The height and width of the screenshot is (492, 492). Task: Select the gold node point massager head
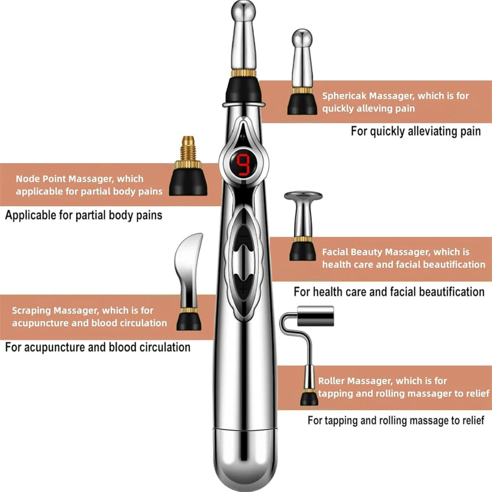tap(188, 165)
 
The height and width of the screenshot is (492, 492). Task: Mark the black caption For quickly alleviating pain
tap(415, 131)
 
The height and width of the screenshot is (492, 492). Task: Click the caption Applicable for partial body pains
tap(84, 215)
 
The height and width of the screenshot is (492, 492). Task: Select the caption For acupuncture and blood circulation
tap(97, 347)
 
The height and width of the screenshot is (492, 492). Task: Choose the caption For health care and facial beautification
tap(389, 291)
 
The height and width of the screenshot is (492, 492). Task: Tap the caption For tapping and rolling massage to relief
tap(396, 420)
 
